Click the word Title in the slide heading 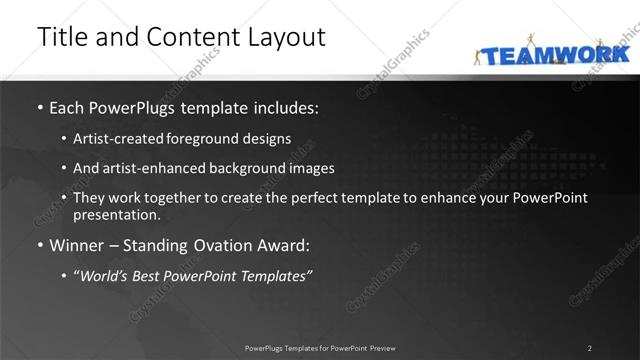point(59,37)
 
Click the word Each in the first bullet point(69,107)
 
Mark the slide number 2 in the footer point(589,348)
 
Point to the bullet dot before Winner point(39,246)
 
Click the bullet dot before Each point(39,108)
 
